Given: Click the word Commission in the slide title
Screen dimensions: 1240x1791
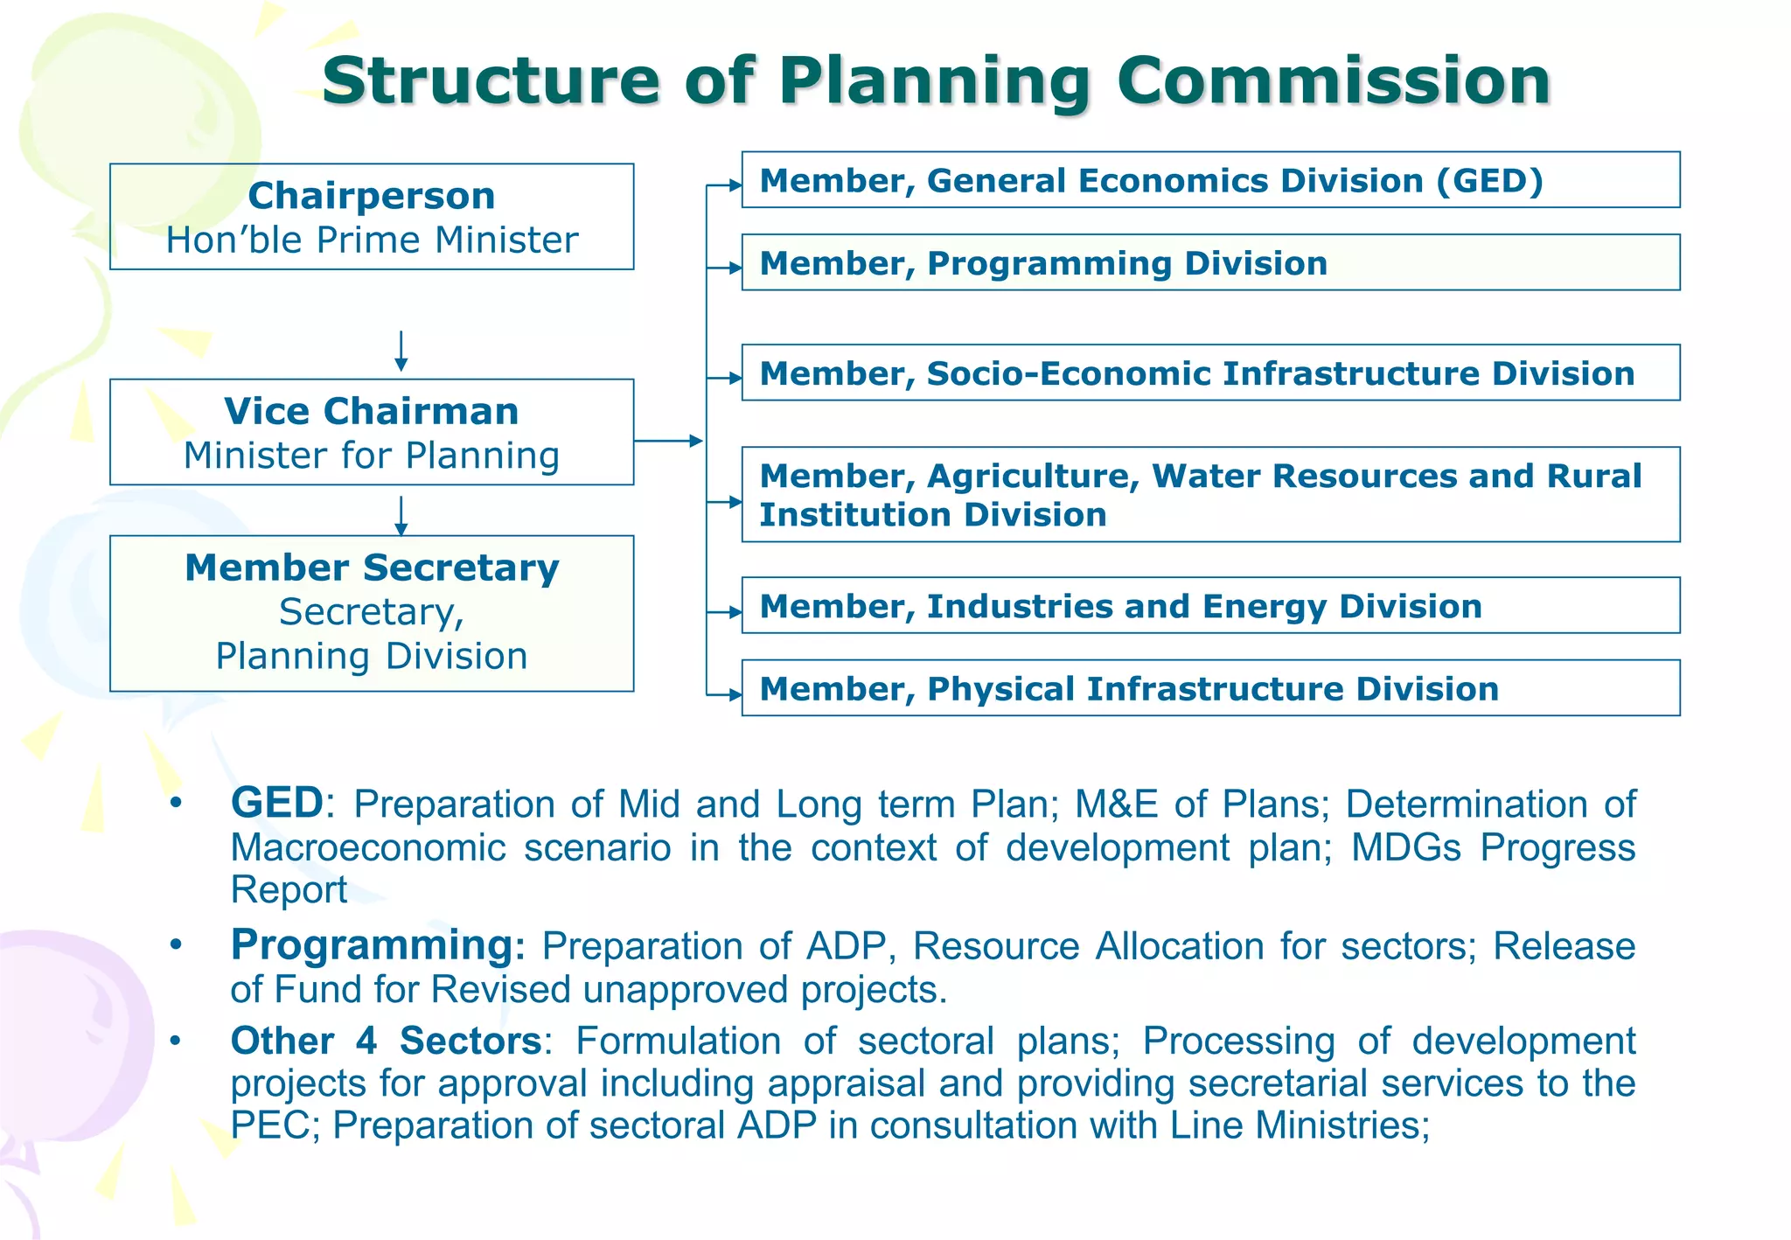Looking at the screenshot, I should tap(1333, 80).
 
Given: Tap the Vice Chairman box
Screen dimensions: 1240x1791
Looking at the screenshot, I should tap(372, 432).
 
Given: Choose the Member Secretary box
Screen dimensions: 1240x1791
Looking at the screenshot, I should tap(372, 613).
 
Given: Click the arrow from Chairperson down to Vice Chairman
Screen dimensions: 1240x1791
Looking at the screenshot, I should tap(401, 351).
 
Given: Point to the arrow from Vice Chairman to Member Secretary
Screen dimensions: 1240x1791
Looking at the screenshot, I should tap(401, 516).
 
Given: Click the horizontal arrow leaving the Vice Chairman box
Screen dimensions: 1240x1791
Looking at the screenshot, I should tap(668, 441).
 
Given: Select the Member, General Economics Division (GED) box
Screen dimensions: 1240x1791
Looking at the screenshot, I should tap(1210, 180).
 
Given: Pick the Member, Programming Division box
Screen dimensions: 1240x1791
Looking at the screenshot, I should tap(1210, 262).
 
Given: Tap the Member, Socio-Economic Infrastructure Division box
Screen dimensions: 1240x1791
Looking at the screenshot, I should tap(1210, 373).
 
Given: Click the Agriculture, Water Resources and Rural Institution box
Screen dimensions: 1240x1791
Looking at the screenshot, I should tap(1210, 495).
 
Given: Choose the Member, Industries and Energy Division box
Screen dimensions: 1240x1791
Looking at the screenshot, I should tap(1210, 605).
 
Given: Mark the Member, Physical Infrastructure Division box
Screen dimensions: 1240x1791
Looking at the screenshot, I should tap(1210, 688).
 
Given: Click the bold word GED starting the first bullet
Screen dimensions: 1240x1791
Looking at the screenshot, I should tap(277, 803).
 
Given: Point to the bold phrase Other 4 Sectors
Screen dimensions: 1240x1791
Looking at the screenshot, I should tap(386, 1041).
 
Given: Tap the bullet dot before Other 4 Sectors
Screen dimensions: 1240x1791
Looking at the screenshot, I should tap(176, 1041).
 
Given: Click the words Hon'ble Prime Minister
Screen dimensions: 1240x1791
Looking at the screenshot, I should tap(372, 240).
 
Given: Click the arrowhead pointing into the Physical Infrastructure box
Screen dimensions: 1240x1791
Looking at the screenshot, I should tap(735, 695).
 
